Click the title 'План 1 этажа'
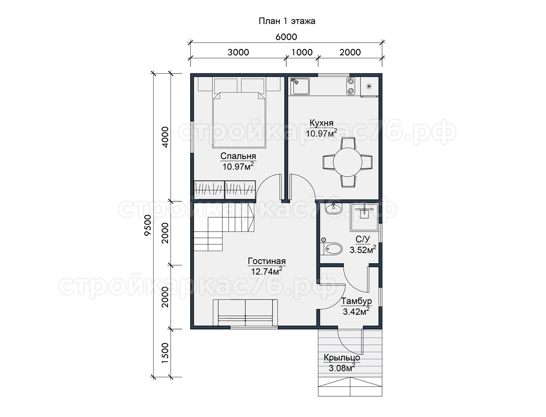(287, 21)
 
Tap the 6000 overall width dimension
(286, 37)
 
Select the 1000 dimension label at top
(302, 52)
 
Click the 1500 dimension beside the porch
(165, 353)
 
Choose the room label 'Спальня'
(238, 156)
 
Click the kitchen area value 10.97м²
(321, 133)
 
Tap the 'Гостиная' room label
(267, 261)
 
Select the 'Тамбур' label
(356, 301)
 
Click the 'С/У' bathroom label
(362, 239)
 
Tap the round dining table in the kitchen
(348, 162)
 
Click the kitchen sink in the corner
(300, 86)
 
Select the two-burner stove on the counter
(351, 86)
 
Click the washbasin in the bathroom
(333, 208)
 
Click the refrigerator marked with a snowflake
(369, 86)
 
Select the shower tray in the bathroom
(364, 217)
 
